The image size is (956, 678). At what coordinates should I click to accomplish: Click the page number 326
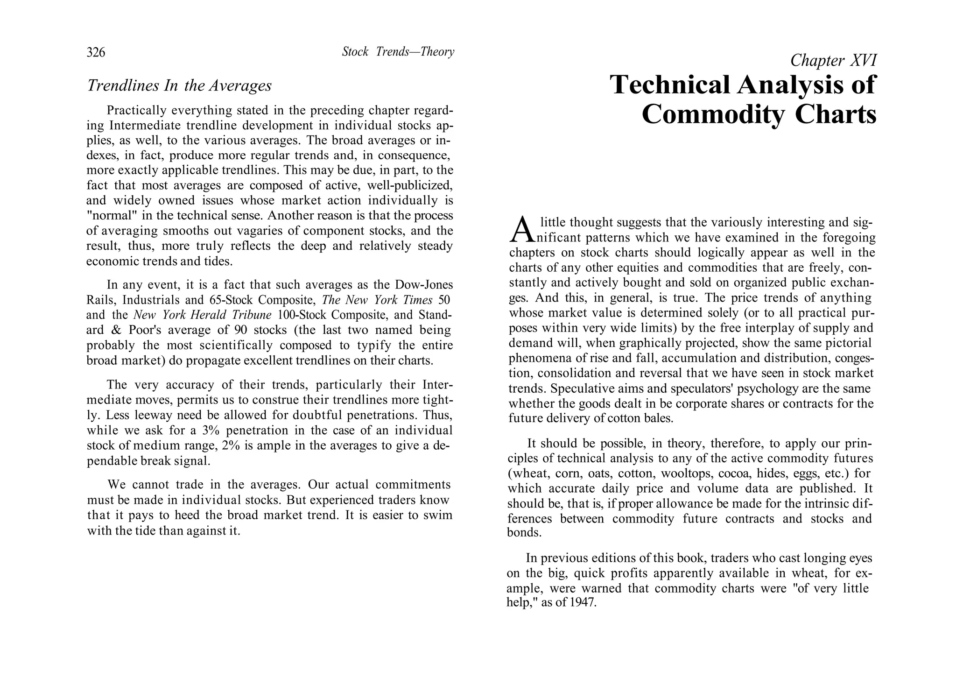click(x=96, y=52)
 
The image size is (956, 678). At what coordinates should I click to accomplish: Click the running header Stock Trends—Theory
click(x=398, y=52)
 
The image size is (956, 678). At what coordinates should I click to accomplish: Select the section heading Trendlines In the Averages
click(x=179, y=85)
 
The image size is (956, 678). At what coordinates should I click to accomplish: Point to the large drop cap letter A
click(x=521, y=230)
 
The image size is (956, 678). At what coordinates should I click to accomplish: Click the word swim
click(x=438, y=516)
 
